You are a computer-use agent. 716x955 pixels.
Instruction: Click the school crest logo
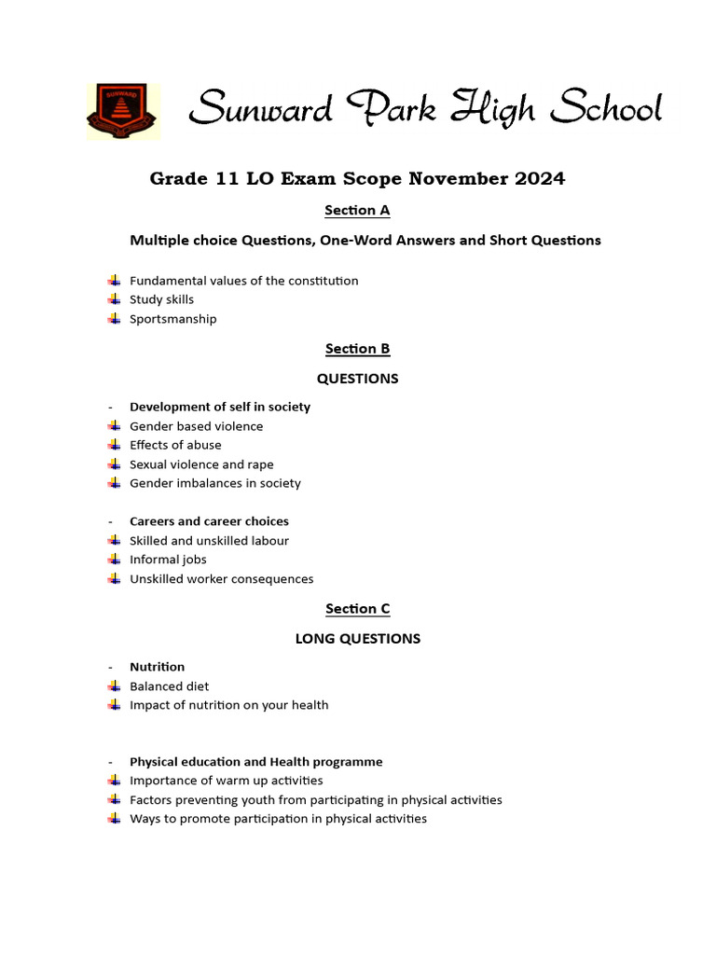(123, 112)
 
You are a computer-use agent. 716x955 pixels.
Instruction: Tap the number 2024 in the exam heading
(536, 179)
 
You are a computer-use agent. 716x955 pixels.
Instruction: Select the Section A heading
(357, 211)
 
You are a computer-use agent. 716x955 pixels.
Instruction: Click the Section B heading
(357, 349)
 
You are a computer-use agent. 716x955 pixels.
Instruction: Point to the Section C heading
(357, 609)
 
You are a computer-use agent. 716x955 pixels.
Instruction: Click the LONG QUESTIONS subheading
(357, 639)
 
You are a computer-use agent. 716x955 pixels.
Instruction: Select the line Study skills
(161, 299)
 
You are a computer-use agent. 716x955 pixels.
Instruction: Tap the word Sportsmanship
(172, 319)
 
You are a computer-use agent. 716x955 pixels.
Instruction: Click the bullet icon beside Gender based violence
(114, 426)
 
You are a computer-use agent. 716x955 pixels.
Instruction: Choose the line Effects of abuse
(175, 445)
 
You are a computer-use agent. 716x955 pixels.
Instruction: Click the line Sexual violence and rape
(201, 464)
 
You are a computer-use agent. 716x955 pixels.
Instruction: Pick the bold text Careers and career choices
(209, 521)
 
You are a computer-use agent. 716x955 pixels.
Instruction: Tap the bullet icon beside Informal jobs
(114, 560)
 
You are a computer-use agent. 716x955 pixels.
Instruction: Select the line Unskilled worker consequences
(221, 579)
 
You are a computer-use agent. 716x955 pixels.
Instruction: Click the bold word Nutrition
(157, 667)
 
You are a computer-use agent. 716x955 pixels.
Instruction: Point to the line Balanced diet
(169, 686)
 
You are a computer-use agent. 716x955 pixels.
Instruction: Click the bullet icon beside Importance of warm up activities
(114, 781)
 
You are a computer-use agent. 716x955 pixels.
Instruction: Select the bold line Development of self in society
(219, 407)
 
